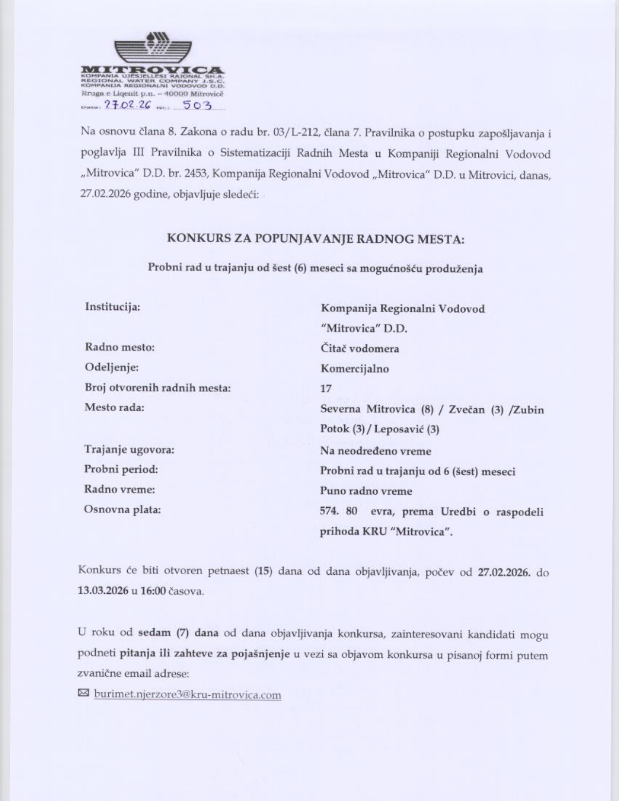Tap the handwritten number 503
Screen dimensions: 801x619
point(196,105)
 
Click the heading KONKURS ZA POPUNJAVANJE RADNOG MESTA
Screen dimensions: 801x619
point(316,238)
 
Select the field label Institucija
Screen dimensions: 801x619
point(113,307)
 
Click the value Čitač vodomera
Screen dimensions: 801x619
point(359,349)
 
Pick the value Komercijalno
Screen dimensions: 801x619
point(354,368)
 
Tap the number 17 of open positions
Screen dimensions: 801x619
point(326,388)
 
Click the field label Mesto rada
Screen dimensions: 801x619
point(115,407)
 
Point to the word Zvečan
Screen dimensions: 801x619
point(466,409)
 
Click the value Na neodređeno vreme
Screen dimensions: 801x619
point(375,451)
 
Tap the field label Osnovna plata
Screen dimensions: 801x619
point(122,509)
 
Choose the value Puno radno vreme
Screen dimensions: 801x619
point(366,491)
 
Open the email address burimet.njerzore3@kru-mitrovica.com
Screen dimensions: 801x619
point(187,695)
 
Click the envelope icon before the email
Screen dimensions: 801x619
point(84,694)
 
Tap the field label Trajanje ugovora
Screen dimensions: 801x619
point(129,450)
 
